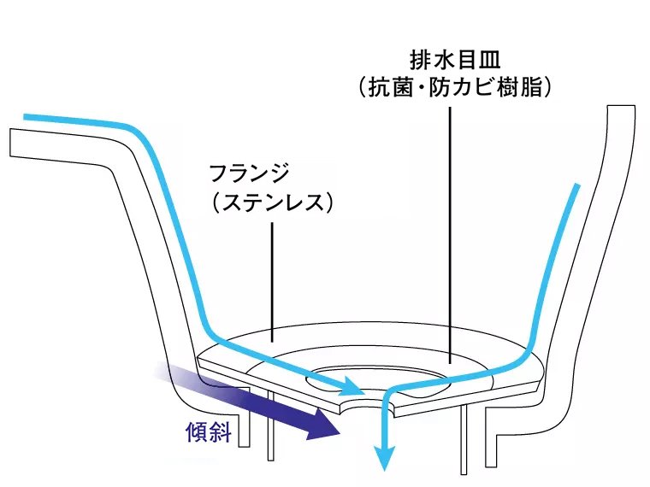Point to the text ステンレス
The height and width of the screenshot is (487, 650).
click(271, 203)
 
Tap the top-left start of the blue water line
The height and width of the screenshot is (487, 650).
click(27, 115)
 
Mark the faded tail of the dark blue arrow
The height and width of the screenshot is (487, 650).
click(162, 373)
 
